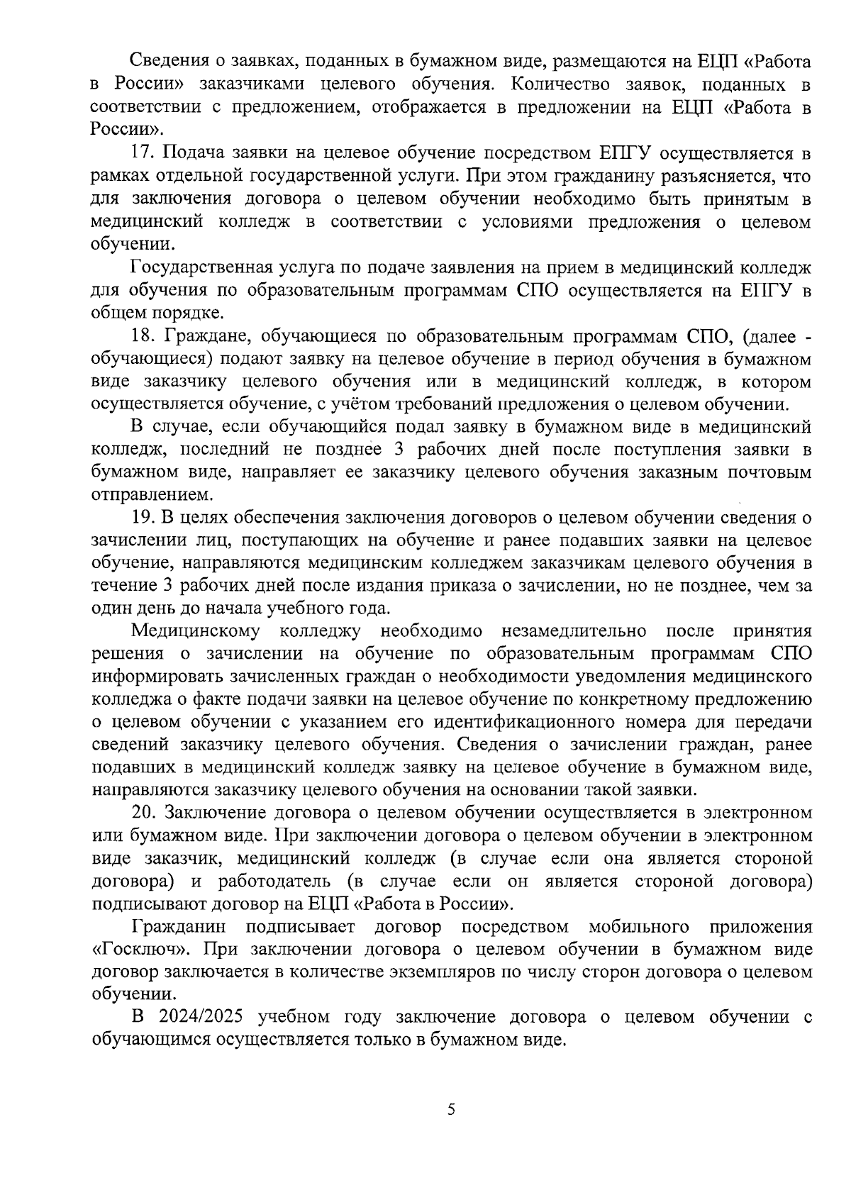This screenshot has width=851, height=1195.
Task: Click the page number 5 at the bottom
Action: click(451, 1110)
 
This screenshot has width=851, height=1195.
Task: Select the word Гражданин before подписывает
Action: click(179, 927)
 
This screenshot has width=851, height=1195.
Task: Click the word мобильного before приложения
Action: click(638, 927)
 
